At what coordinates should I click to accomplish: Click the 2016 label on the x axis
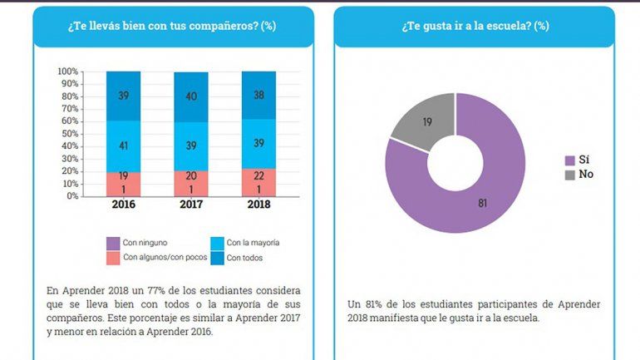123,205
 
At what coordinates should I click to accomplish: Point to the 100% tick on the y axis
68,72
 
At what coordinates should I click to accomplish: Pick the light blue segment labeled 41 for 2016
123,146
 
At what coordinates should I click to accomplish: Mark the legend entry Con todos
241,257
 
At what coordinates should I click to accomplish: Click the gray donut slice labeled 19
425,124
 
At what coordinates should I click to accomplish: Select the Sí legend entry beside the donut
578,160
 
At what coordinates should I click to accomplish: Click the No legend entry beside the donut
579,175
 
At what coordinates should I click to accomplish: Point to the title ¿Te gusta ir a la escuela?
475,26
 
